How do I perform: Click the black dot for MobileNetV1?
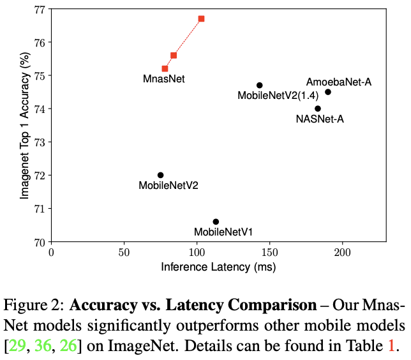(216, 221)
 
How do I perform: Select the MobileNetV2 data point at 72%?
(160, 175)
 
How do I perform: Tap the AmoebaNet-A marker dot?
(328, 92)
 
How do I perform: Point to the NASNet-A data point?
(318, 109)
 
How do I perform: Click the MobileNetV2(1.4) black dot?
(260, 86)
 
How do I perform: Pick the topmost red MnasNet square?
(201, 19)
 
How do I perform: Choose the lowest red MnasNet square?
(165, 68)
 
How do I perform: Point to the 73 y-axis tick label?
(38, 142)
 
